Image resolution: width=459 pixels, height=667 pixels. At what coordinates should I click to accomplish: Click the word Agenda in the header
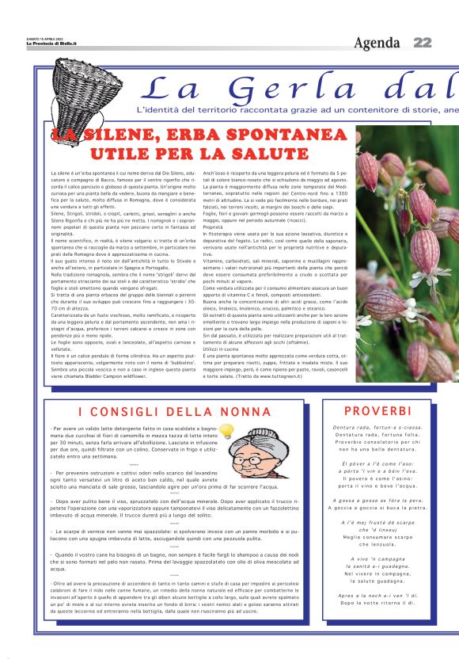pyautogui.click(x=377, y=42)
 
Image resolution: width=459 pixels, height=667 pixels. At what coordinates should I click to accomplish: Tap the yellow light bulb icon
pyautogui.click(x=226, y=431)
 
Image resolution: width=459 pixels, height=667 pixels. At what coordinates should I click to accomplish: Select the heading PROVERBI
pyautogui.click(x=378, y=411)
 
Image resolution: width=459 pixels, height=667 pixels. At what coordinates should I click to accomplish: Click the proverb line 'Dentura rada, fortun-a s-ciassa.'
pyautogui.click(x=377, y=428)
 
